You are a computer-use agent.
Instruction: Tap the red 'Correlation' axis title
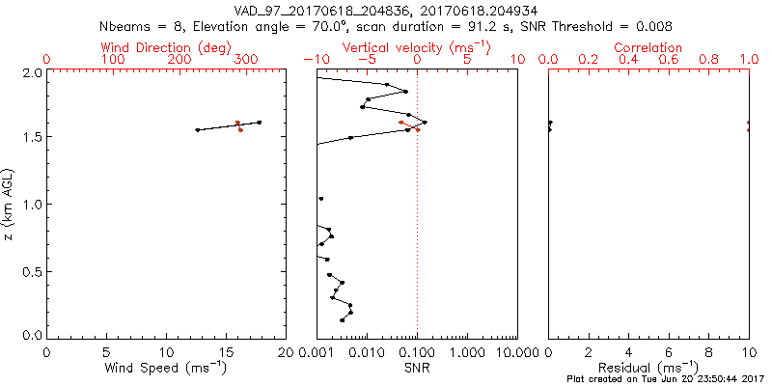coord(648,47)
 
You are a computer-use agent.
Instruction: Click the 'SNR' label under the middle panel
coord(417,369)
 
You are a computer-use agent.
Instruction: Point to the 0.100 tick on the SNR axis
coord(418,352)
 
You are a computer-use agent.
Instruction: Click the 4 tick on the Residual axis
coord(628,352)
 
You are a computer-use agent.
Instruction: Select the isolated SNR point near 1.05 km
coord(321,199)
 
